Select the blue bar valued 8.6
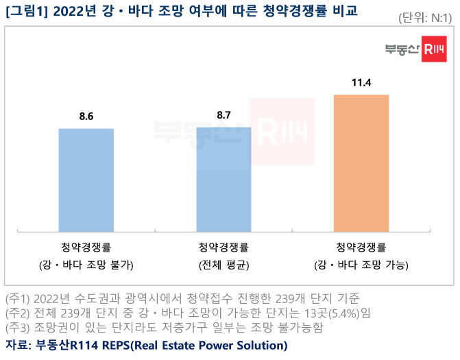click(x=86, y=180)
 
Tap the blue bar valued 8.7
click(x=223, y=180)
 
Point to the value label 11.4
click(x=361, y=83)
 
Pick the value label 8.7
click(x=223, y=115)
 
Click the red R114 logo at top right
click(x=433, y=49)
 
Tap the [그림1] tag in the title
click(x=25, y=12)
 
